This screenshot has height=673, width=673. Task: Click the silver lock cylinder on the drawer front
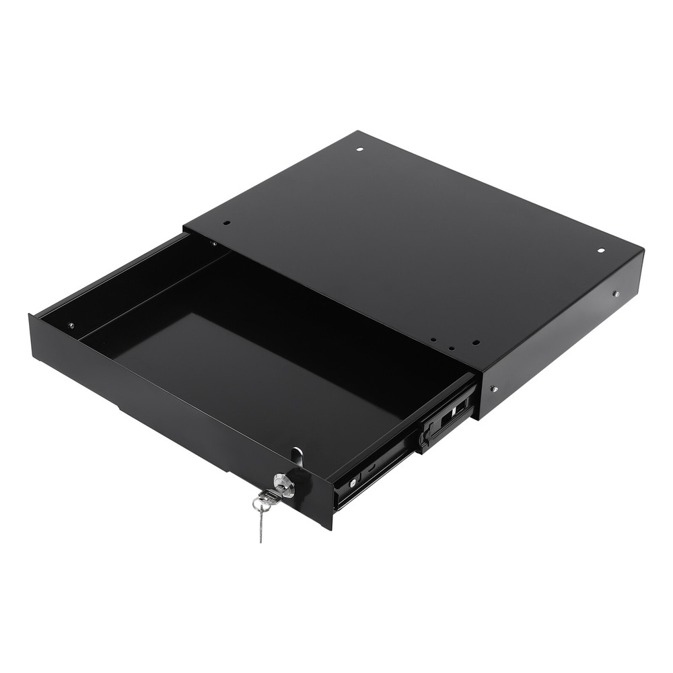point(285,484)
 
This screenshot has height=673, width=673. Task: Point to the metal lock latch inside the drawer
point(297,456)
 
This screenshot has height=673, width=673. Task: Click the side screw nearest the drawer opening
point(494,388)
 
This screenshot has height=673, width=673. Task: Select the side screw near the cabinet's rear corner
point(615,293)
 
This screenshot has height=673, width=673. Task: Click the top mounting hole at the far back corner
point(359,149)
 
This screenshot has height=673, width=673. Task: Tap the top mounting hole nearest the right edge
point(602,250)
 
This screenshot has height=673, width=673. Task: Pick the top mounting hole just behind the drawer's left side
point(226,223)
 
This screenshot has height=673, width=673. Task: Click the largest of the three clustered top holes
point(475,342)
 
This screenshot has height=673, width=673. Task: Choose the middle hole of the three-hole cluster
point(452,349)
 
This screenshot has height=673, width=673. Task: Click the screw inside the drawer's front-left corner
point(71,326)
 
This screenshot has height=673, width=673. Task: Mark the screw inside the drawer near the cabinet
point(213,243)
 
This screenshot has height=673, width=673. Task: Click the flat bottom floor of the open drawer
point(269,363)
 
